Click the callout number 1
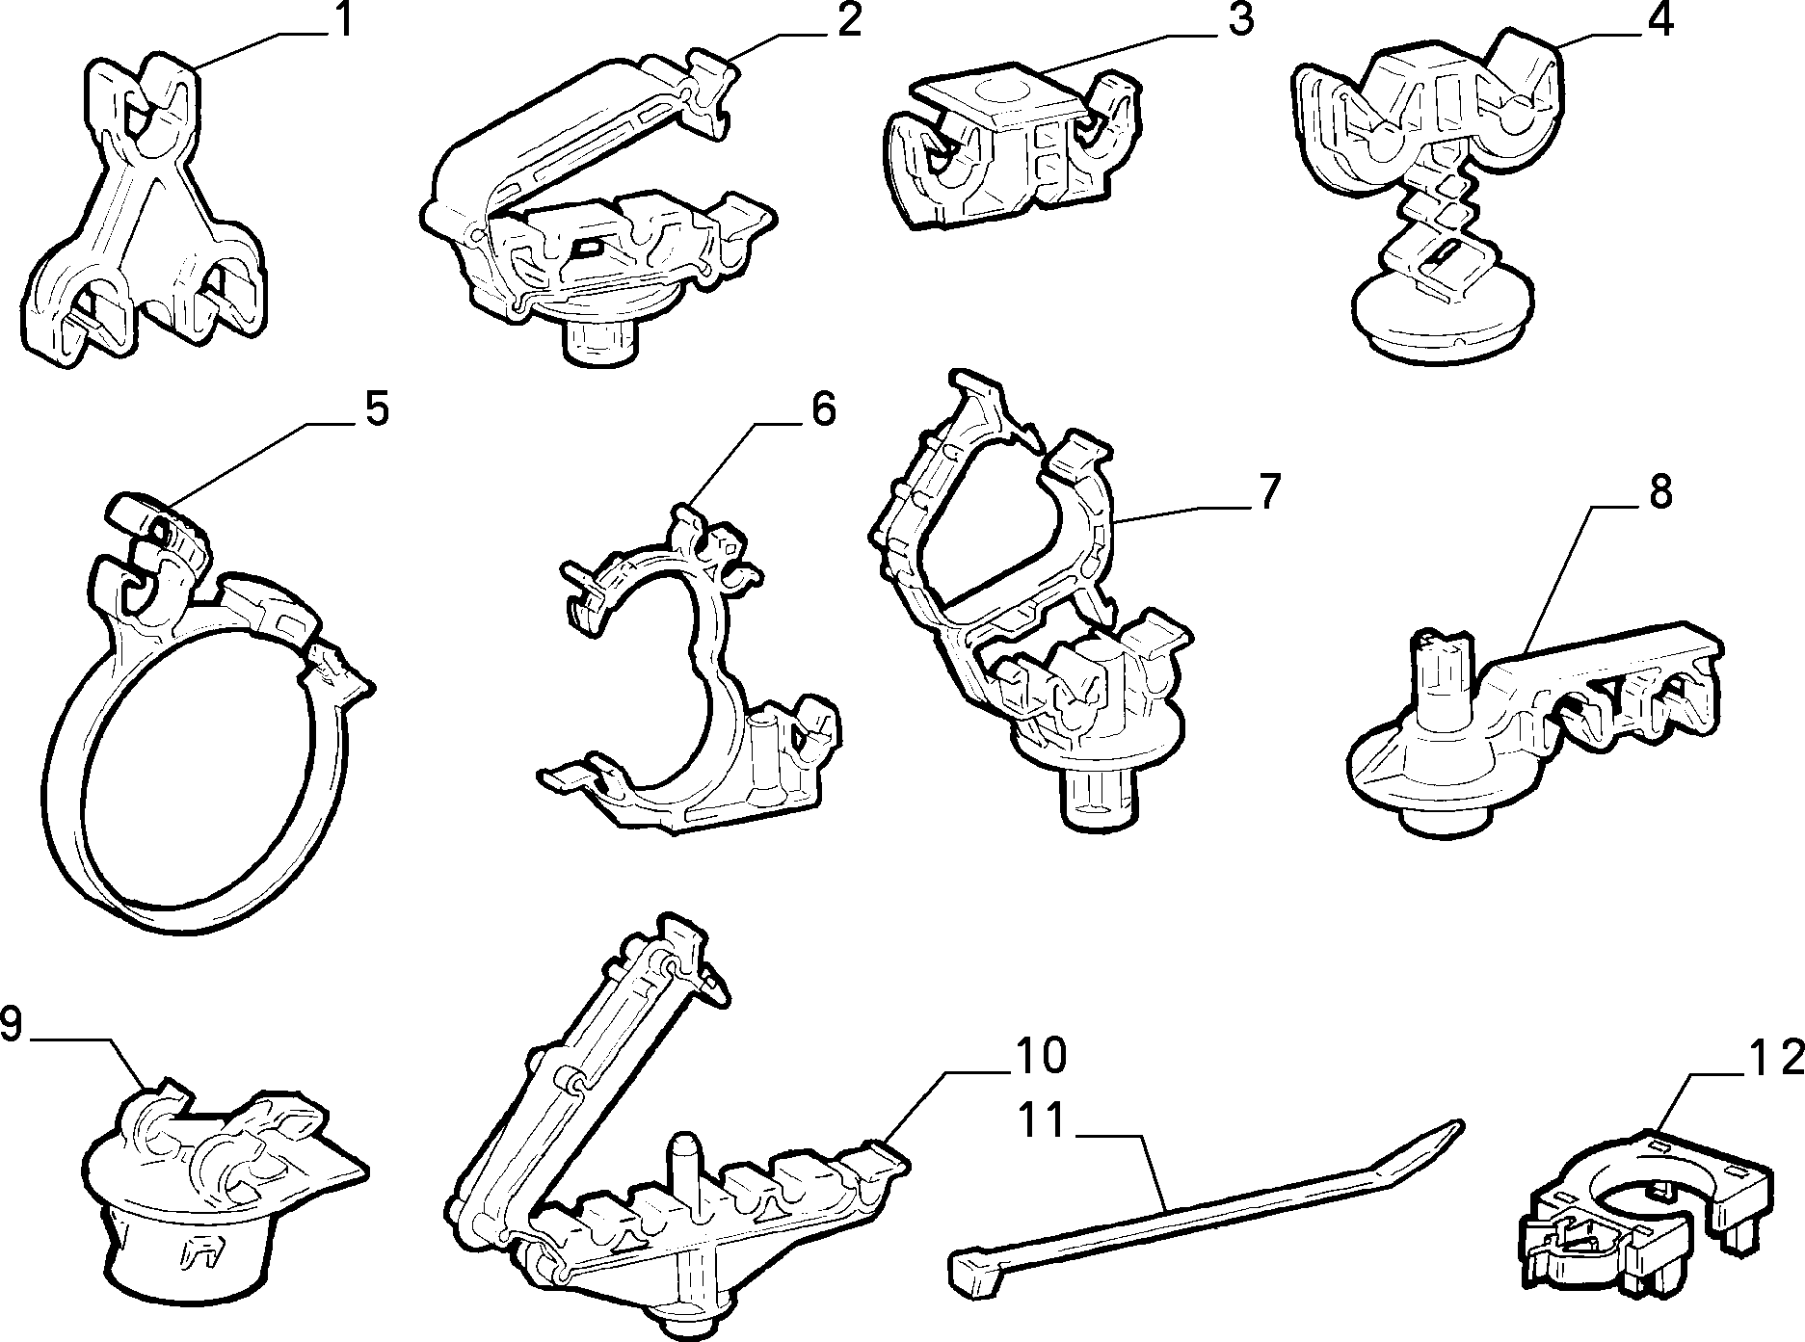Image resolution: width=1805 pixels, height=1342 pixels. tap(342, 20)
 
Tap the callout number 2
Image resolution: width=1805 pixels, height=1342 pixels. tap(848, 20)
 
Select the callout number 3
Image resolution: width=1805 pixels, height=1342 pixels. tap(1241, 19)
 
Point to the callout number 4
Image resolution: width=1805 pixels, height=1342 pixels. tap(1659, 19)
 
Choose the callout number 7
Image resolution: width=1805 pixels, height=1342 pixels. tap(1269, 492)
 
